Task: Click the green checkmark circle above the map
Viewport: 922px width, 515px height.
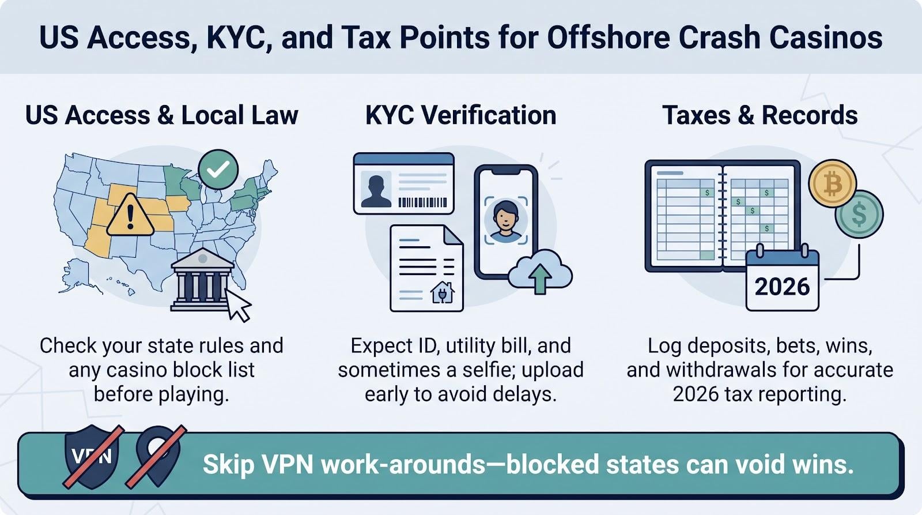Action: click(x=218, y=170)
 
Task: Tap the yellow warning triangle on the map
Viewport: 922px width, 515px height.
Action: click(x=130, y=216)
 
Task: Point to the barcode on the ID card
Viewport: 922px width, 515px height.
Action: click(x=422, y=202)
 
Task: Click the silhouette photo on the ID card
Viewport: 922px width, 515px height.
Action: click(x=376, y=190)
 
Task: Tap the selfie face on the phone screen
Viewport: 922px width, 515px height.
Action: click(x=506, y=221)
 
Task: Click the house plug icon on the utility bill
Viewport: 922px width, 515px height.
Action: click(x=443, y=292)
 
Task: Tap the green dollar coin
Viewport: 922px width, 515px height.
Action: click(x=859, y=214)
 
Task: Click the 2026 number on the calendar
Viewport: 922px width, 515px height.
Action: click(x=782, y=287)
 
